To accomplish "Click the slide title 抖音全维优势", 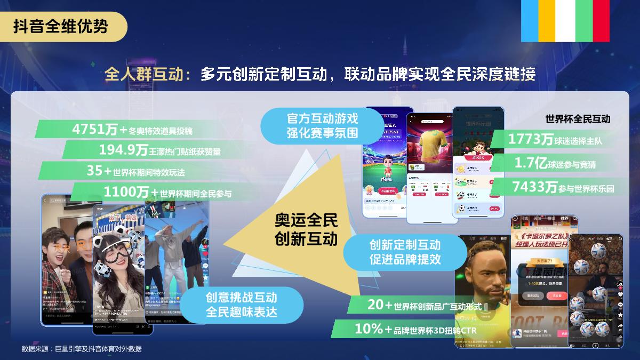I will pos(60,27).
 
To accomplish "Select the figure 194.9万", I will pos(123,150).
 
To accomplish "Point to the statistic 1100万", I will pos(126,192).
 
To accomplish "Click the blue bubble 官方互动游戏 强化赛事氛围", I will pos(322,125).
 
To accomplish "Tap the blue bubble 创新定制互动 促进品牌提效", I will pos(405,253).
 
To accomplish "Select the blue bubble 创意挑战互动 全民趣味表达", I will pos(242,305).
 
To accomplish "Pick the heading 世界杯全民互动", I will pos(578,118).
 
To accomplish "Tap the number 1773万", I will pos(531,140).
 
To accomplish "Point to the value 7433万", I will pos(534,187).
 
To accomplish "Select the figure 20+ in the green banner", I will pos(380,305).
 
